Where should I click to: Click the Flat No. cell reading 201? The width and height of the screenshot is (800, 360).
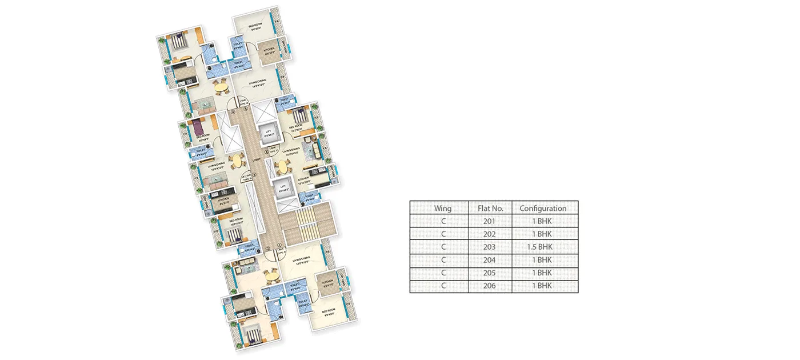coord(489,221)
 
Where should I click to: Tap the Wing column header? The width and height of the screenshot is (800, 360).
coord(442,209)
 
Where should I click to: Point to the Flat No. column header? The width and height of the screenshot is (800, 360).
coord(489,209)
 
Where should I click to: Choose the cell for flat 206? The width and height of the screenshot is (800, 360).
coord(489,286)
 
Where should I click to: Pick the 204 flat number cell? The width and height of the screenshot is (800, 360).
coord(489,260)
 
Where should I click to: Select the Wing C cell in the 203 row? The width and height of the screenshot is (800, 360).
coord(442,247)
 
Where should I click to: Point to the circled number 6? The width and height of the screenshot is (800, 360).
coord(266,151)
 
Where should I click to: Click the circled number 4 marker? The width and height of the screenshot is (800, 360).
coord(233,112)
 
